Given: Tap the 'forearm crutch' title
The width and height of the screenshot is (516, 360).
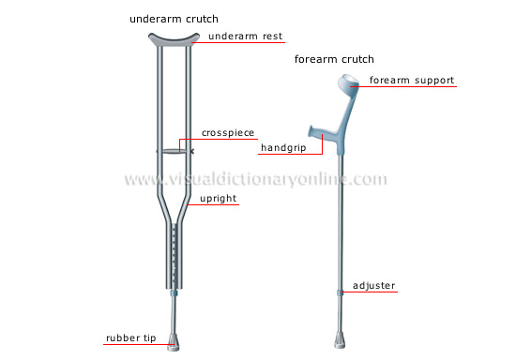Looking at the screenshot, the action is click(334, 59).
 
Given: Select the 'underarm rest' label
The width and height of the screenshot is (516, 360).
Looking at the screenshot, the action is click(245, 37).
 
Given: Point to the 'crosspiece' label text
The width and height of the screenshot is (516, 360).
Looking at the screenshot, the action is click(228, 132).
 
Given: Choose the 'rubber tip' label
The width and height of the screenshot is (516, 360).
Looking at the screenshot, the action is click(130, 337).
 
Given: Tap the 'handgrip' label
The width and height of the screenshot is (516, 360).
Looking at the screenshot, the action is click(283, 146).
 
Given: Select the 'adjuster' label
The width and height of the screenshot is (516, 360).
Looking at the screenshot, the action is click(374, 284).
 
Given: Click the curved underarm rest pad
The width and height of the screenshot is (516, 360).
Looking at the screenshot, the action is click(174, 40).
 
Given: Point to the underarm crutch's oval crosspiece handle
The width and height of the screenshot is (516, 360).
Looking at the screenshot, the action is click(174, 151).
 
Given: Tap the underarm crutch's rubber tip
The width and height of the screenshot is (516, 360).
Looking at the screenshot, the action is click(174, 338).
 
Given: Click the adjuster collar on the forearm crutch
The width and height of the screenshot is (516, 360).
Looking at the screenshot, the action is click(340, 292).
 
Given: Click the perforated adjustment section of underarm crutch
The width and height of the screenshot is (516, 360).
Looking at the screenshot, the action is click(174, 248).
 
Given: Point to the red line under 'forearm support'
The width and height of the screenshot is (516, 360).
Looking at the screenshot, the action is click(409, 87).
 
